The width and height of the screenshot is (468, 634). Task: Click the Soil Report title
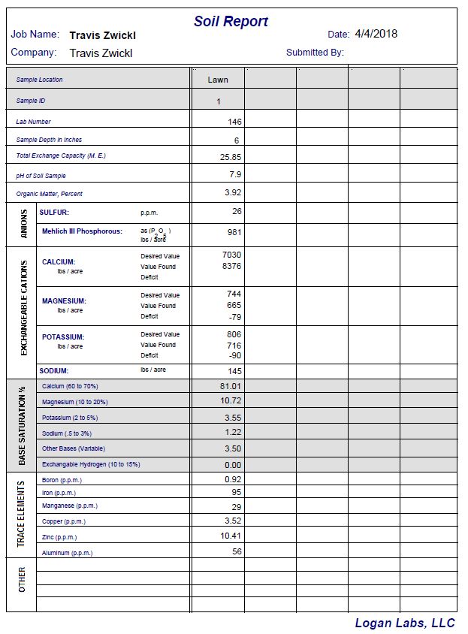[x=231, y=22]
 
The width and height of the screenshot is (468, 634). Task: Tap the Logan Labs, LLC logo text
[x=405, y=623]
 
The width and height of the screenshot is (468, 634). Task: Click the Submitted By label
[x=315, y=53]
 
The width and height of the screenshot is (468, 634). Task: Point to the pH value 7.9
[x=234, y=174]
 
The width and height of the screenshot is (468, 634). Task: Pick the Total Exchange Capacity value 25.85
[x=231, y=157]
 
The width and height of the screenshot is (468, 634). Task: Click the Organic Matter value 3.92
[x=232, y=192]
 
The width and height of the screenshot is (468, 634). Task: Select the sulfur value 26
[x=236, y=212]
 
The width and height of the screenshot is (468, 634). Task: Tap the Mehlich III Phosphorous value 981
[x=234, y=233]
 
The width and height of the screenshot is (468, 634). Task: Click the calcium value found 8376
[x=231, y=266]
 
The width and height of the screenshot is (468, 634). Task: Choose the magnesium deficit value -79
[x=234, y=316]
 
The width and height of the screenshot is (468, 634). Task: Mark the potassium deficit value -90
[x=234, y=355]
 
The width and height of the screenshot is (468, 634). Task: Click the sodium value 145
[x=234, y=371]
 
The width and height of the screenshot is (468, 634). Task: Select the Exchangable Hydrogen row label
[x=91, y=464]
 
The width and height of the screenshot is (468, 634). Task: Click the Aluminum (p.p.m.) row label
[x=67, y=553]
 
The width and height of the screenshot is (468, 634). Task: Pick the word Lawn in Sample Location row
[x=218, y=80]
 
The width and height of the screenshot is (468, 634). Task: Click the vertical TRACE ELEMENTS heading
[x=22, y=514]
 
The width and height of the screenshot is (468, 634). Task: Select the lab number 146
[x=234, y=122]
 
